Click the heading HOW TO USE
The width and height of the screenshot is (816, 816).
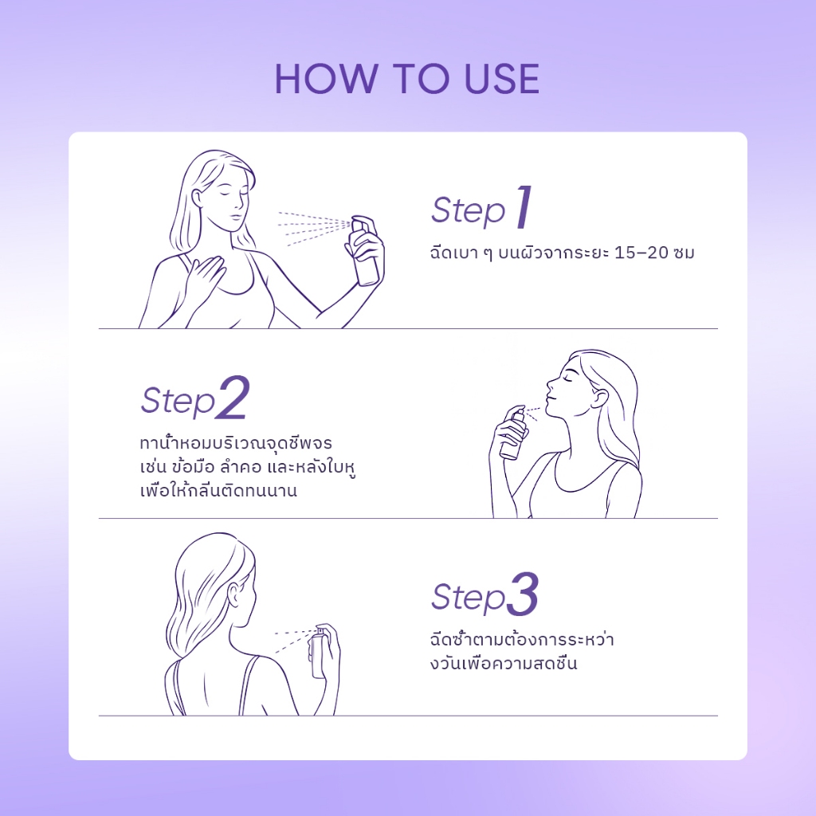(407, 79)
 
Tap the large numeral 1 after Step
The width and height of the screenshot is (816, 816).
(524, 207)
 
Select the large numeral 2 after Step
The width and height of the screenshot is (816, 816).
(233, 398)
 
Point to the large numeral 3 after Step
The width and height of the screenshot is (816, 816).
(523, 594)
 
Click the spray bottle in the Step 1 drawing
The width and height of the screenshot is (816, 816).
(365, 251)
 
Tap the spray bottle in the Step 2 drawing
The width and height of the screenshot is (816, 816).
(513, 434)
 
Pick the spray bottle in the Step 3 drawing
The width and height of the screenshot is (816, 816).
(319, 653)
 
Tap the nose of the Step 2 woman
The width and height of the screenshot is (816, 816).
(551, 385)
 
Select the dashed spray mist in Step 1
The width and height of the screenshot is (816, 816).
(314, 227)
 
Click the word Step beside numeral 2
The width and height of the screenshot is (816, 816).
(178, 402)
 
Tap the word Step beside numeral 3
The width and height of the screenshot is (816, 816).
(468, 598)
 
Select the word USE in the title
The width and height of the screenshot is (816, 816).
(502, 79)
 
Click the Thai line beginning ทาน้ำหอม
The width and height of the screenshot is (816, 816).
(236, 443)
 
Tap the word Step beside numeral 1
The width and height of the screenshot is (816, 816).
(468, 211)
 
